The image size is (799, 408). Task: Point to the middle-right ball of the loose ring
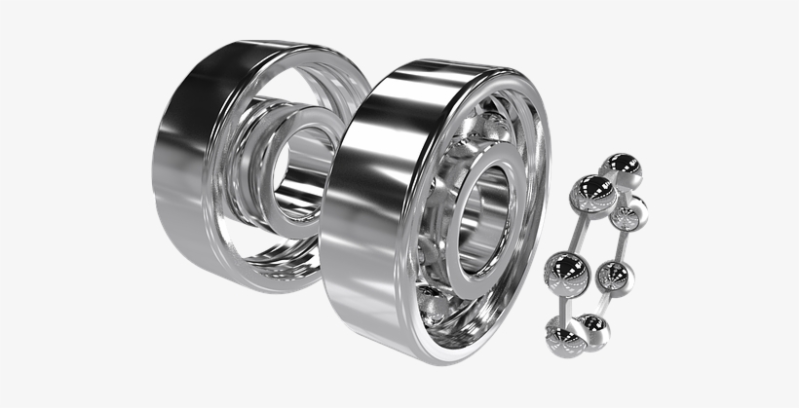(614, 278)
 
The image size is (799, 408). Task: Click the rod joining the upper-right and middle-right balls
(626, 244)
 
